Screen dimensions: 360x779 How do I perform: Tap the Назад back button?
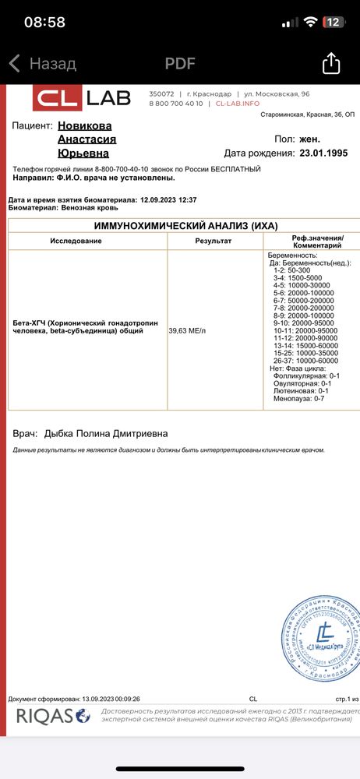[43, 64]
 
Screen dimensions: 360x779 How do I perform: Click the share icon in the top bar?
[331, 63]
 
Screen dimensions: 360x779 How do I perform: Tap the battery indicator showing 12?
[334, 22]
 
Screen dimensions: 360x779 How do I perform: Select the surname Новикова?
[85, 125]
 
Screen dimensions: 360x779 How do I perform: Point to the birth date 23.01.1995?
[327, 153]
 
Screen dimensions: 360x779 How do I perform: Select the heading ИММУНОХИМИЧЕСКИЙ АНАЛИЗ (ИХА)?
[185, 225]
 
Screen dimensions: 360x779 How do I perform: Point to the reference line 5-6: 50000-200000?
[307, 299]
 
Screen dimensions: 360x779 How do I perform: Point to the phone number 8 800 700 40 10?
[175, 103]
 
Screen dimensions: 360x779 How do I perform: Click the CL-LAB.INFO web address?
[238, 103]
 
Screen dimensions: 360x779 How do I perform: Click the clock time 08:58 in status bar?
[44, 23]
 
